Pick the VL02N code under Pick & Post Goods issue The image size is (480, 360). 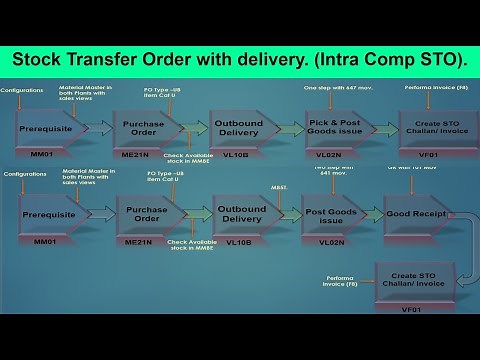[334, 156]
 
